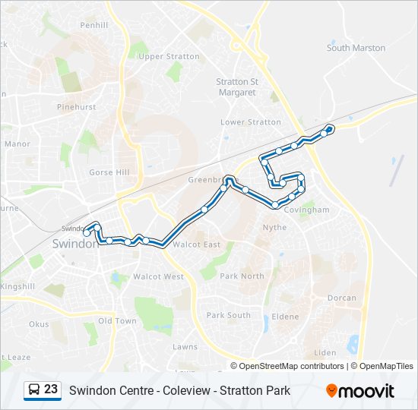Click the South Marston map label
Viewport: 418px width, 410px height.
coord(356,48)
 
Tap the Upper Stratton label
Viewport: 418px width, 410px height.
coord(158,56)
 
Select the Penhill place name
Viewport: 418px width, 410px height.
coord(94,25)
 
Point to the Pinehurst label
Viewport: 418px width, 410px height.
coord(76,107)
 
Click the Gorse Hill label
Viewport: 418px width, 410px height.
coord(109,172)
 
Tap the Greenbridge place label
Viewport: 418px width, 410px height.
coord(207,181)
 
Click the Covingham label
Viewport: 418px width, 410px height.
coord(306,210)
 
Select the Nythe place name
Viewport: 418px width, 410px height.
coord(274,227)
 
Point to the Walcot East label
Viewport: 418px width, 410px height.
coord(196,244)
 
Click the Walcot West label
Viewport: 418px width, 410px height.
coord(158,276)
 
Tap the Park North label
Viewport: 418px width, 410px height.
coord(242,276)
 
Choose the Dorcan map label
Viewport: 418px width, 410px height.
coord(341,298)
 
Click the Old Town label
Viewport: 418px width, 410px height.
coord(117,321)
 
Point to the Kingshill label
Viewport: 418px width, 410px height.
coord(17,286)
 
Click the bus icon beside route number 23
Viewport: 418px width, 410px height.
coord(34,390)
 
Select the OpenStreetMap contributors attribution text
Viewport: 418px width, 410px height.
coord(292,366)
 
